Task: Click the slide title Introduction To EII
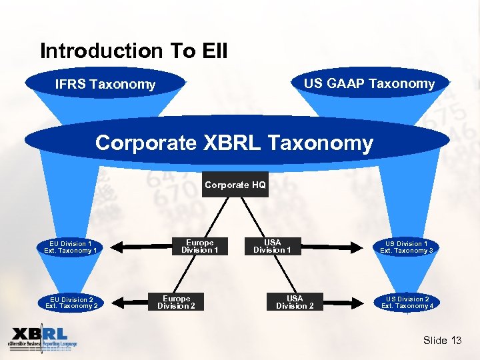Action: point(133,51)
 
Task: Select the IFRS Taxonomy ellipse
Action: point(105,84)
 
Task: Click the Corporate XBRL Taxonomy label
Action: point(234,143)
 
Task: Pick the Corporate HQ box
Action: point(235,185)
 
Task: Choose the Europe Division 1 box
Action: point(200,247)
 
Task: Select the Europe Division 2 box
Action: point(177,303)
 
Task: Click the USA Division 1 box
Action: point(272,247)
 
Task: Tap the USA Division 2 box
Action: point(295,303)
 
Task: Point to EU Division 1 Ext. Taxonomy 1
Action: point(71,247)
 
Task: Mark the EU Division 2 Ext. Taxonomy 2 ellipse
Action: point(71,303)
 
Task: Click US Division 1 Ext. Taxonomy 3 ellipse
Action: point(407,247)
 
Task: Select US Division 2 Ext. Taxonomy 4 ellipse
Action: point(407,303)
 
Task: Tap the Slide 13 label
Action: point(442,341)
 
